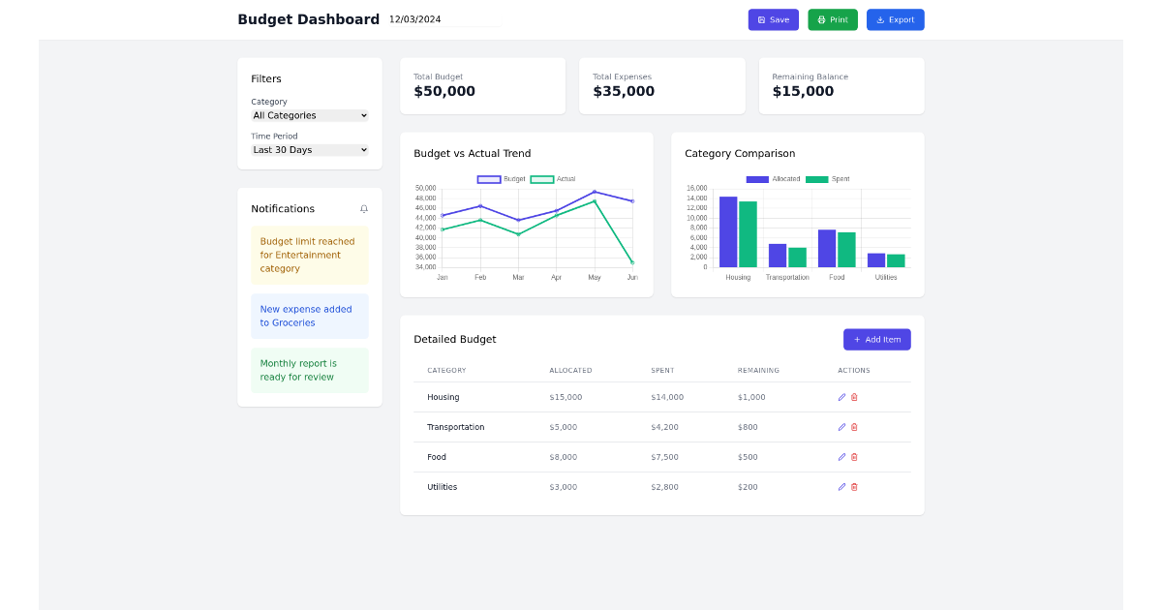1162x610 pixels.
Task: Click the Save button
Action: click(x=773, y=19)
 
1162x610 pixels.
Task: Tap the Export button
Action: click(x=895, y=19)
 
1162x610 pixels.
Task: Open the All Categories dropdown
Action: click(x=310, y=115)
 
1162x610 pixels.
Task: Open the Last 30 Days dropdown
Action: click(x=310, y=150)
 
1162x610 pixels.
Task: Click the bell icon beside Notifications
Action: click(x=364, y=209)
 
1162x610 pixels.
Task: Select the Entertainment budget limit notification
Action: click(x=309, y=256)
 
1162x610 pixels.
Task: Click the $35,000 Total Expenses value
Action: click(x=623, y=91)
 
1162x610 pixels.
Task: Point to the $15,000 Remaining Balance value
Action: click(x=803, y=91)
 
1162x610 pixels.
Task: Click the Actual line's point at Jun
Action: click(x=632, y=262)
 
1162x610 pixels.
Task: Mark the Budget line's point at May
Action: click(x=595, y=192)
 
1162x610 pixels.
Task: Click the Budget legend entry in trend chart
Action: click(x=503, y=179)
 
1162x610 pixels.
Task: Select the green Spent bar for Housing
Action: click(x=748, y=234)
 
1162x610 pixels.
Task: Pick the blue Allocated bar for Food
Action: click(x=827, y=248)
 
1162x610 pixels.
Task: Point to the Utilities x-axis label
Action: click(x=886, y=278)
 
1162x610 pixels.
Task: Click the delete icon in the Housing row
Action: click(x=854, y=397)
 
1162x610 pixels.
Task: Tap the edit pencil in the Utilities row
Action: click(x=841, y=487)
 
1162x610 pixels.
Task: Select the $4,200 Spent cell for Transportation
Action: click(x=664, y=427)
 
